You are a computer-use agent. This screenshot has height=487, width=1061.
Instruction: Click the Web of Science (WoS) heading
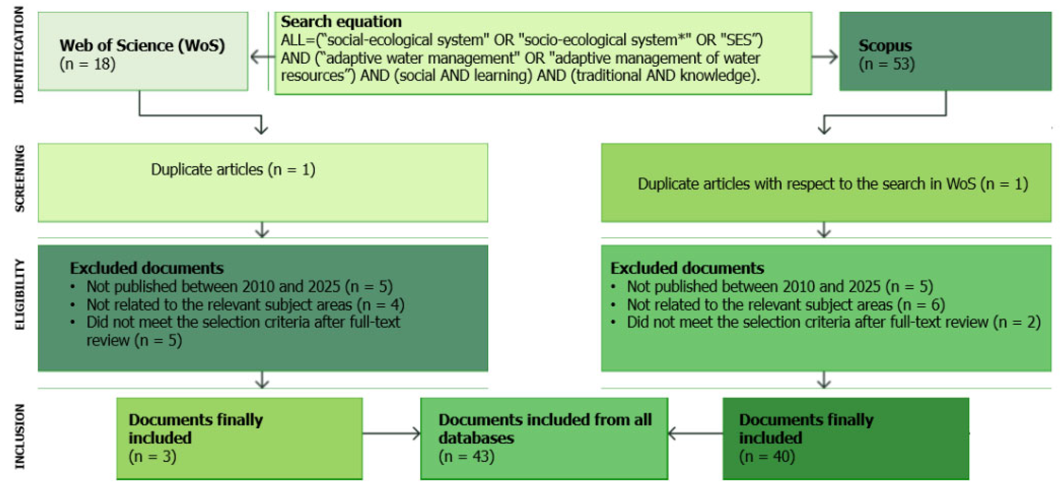point(142,46)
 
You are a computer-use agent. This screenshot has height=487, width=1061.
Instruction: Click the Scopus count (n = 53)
point(887,64)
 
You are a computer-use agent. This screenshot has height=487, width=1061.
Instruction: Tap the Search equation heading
point(341,21)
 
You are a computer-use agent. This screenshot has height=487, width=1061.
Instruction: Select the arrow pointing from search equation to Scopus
point(825,57)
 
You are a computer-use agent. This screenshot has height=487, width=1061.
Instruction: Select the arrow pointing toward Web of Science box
point(262,57)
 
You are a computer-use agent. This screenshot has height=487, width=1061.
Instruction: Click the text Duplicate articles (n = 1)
point(233,169)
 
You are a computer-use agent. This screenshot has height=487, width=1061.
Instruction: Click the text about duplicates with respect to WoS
point(833,184)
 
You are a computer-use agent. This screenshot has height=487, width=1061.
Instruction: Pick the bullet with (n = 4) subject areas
point(245,305)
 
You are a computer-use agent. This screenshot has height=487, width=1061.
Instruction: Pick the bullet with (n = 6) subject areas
point(786,305)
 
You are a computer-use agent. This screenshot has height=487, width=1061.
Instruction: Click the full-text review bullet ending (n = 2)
point(833,322)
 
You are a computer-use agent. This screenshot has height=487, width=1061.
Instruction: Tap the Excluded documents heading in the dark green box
point(147,268)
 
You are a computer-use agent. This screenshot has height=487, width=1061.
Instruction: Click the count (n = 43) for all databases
point(466,457)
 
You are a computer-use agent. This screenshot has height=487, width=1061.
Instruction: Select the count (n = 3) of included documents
point(152,457)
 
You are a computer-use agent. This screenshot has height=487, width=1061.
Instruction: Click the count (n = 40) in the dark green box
point(767,457)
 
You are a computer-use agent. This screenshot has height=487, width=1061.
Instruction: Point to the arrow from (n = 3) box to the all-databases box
point(391,433)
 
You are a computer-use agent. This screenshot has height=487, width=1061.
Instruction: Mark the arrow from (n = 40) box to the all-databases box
point(695,433)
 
